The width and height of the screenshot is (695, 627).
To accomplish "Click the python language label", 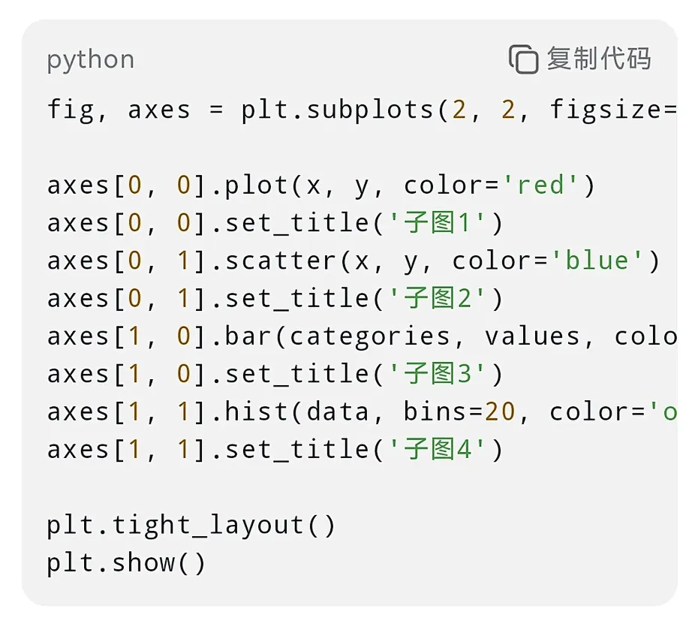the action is (x=90, y=60).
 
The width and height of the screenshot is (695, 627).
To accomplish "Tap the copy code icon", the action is (x=523, y=59).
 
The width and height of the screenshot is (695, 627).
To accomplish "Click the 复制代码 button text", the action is (x=598, y=59).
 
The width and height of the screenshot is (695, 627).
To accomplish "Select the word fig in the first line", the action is (x=71, y=110).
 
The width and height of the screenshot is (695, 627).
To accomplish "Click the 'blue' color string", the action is (x=597, y=261).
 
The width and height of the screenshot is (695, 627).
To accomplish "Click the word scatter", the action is (x=281, y=261).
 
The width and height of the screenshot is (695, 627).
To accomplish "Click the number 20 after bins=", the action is (x=500, y=411).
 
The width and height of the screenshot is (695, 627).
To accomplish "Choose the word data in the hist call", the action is (x=338, y=411).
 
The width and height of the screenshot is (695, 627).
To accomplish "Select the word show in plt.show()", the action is (x=143, y=562).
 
